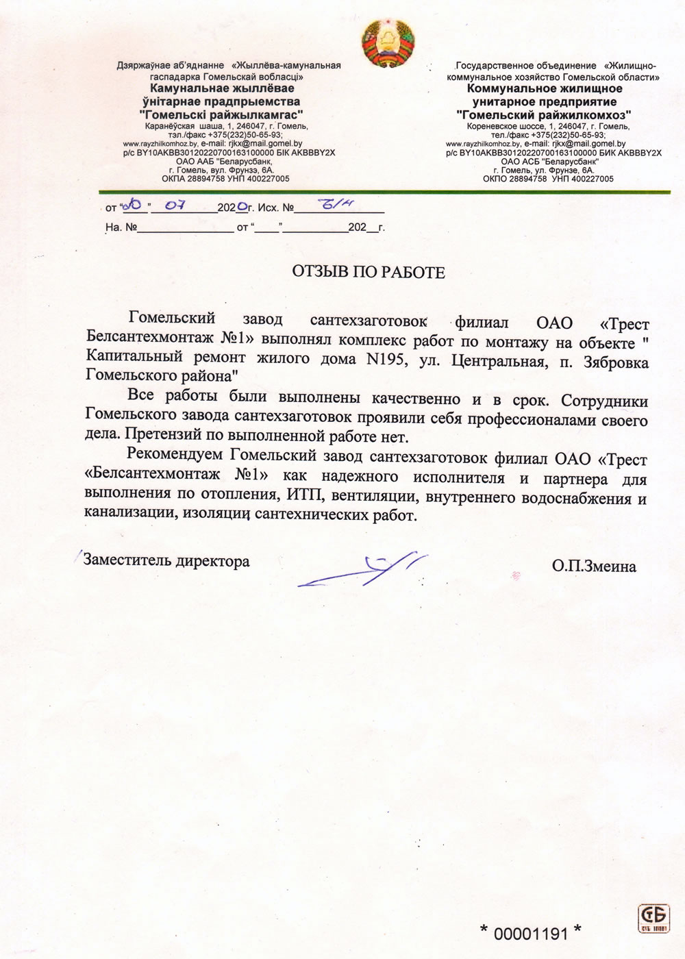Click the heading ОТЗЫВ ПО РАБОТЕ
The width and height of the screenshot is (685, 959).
point(369,273)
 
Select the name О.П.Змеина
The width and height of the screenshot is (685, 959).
point(593,566)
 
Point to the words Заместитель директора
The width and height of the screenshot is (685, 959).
point(166,561)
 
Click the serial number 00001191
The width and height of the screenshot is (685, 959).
point(531,933)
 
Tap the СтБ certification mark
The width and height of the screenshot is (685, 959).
point(653,918)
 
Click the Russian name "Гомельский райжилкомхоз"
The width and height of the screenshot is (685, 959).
point(545,114)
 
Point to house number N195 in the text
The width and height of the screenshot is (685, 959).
point(387,359)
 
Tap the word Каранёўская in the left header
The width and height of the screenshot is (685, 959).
point(170,127)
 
